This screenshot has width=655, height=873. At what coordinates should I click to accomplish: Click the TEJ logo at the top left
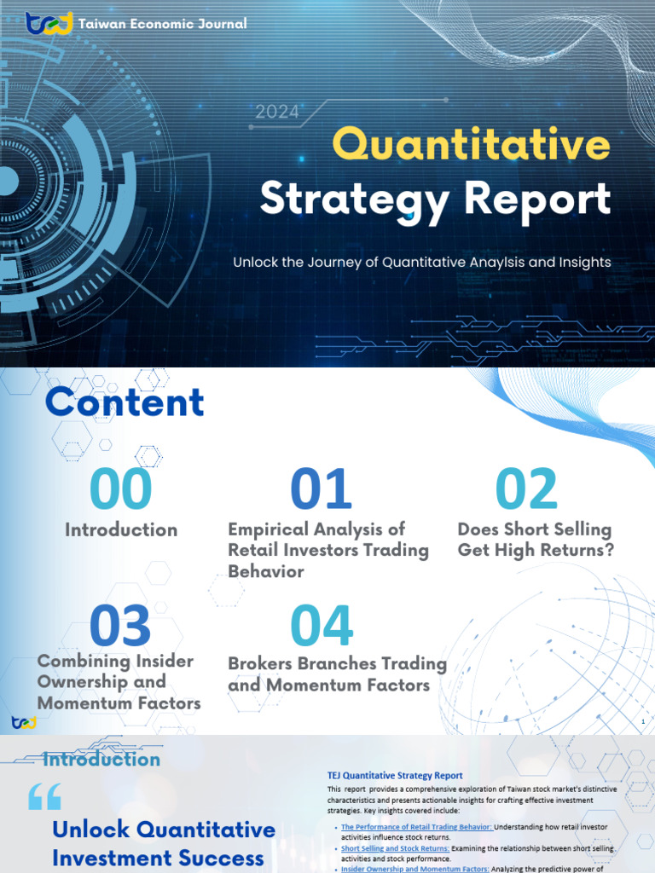coord(49,24)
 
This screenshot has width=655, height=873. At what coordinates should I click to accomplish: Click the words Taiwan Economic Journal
coord(162,24)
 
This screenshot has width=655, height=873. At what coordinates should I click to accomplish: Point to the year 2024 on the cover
coord(277,112)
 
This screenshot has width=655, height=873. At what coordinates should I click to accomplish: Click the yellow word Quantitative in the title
coord(472,145)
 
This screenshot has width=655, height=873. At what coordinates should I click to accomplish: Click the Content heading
coord(125,402)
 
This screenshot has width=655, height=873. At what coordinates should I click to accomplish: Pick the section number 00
coord(121,489)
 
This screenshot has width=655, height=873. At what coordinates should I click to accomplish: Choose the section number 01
coord(321,489)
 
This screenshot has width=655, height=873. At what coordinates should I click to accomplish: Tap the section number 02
coord(526,489)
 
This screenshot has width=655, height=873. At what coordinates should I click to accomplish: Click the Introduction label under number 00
coord(121,529)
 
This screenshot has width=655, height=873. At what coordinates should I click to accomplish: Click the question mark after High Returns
coord(608,551)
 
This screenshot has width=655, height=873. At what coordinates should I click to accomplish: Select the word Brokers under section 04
coord(261,663)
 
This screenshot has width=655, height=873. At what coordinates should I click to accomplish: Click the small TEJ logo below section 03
coord(24,722)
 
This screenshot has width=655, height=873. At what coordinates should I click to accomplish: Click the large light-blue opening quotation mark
coord(45,798)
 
